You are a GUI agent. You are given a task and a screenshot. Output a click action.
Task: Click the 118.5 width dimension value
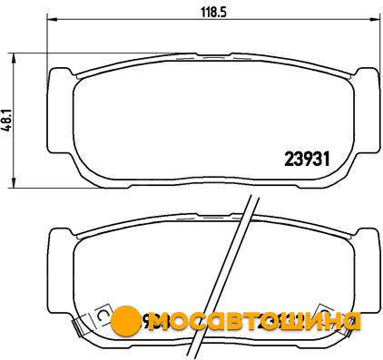pyautogui.click(x=213, y=12)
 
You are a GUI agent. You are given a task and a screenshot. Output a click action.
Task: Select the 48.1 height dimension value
pyautogui.click(x=7, y=119)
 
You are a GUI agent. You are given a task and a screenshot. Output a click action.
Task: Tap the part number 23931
pyautogui.click(x=307, y=159)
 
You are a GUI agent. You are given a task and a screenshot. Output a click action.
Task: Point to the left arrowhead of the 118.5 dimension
pyautogui.click(x=52, y=20)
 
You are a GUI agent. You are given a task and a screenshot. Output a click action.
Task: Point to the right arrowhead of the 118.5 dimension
pyautogui.click(x=375, y=20)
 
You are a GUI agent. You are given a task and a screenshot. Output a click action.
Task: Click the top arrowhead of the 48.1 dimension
pyautogui.click(x=13, y=58)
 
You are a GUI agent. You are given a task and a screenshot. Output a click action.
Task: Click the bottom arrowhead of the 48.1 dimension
pyautogui.click(x=13, y=182)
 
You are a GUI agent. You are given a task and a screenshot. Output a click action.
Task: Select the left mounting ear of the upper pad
pyautogui.click(x=60, y=111)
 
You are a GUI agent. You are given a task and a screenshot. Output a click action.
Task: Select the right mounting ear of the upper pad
pyautogui.click(x=367, y=111)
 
